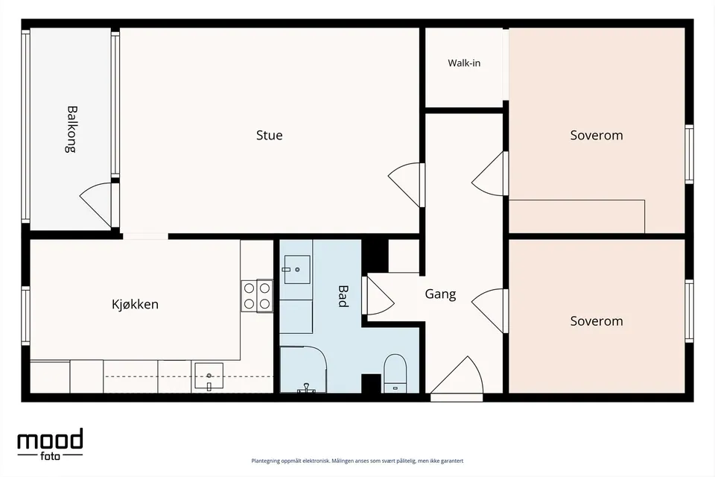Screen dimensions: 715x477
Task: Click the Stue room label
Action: tap(269, 135)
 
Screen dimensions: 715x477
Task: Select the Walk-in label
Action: tap(464, 63)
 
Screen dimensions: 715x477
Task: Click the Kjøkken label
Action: tap(135, 304)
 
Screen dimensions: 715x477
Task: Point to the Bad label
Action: tap(343, 296)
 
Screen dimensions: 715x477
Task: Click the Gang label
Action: tap(440, 294)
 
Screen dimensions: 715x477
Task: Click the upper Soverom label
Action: tap(597, 135)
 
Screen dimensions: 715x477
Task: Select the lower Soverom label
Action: tap(597, 321)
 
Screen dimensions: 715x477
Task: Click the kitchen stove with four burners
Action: tap(257, 296)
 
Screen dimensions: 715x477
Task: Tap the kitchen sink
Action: tap(209, 376)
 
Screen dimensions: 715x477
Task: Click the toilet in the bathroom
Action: tap(395, 373)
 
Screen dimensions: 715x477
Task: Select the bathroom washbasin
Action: tap(297, 269)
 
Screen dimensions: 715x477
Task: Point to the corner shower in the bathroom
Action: tap(303, 369)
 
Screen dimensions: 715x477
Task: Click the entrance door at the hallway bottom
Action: tap(457, 379)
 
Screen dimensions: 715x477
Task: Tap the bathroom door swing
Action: tap(378, 295)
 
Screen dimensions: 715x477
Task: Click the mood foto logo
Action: tap(50, 443)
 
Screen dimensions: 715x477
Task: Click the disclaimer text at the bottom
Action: tap(357, 461)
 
